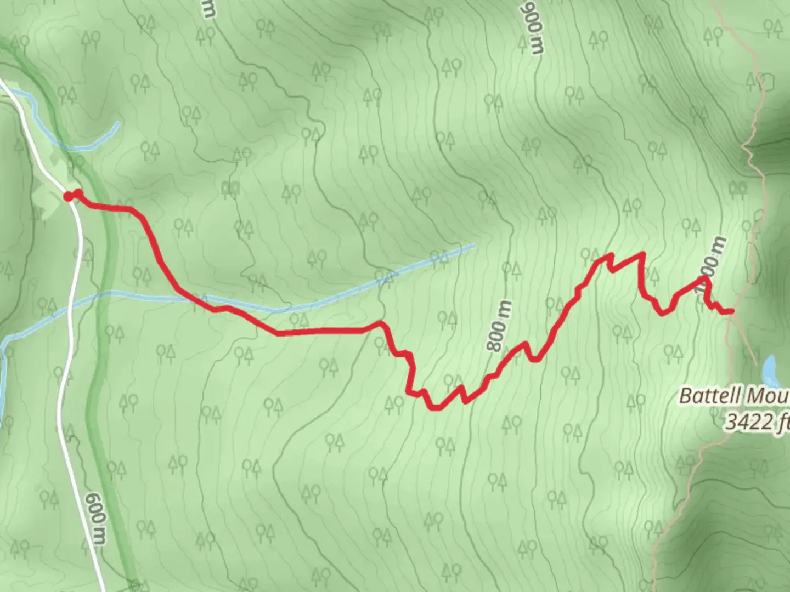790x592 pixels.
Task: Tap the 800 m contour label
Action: coord(499,326)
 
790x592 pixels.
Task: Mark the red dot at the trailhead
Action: coord(68,196)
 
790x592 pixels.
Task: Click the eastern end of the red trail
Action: coord(731,311)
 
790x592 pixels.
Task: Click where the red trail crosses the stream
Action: coord(198,301)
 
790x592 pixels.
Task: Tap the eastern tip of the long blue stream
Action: coord(473,246)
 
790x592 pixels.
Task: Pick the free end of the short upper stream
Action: coord(117,123)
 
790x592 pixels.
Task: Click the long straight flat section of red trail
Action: coord(321,331)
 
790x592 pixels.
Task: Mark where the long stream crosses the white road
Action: coord(70,308)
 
